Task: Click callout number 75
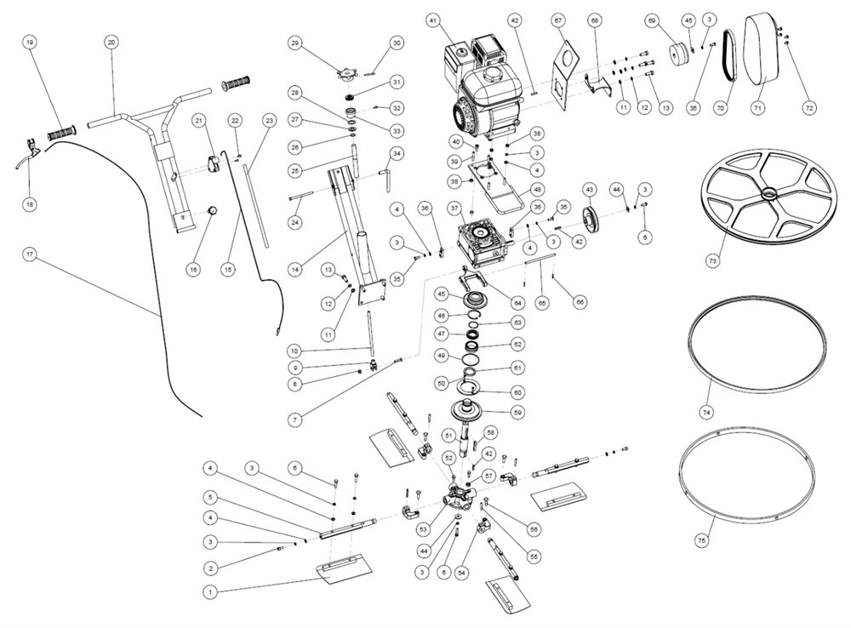pyautogui.click(x=701, y=541)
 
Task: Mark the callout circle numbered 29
pyautogui.click(x=295, y=43)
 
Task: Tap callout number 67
pyautogui.click(x=558, y=20)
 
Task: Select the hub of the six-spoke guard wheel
pyautogui.click(x=769, y=194)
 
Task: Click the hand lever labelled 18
pyautogui.click(x=27, y=158)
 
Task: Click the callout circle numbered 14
pyautogui.click(x=295, y=269)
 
